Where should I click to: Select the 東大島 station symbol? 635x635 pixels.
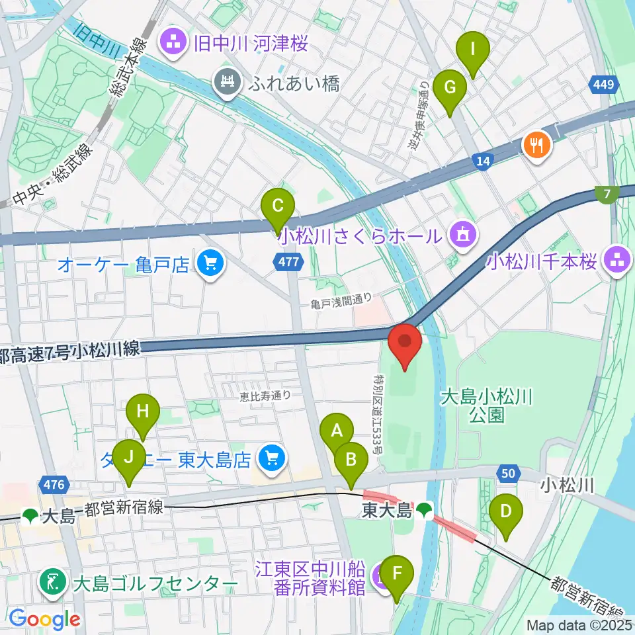(425, 510)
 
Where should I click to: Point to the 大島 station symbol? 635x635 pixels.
(30, 515)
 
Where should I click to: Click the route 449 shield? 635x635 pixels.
(605, 85)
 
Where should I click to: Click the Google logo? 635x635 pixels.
(44, 620)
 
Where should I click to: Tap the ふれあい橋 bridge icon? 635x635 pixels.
(228, 83)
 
